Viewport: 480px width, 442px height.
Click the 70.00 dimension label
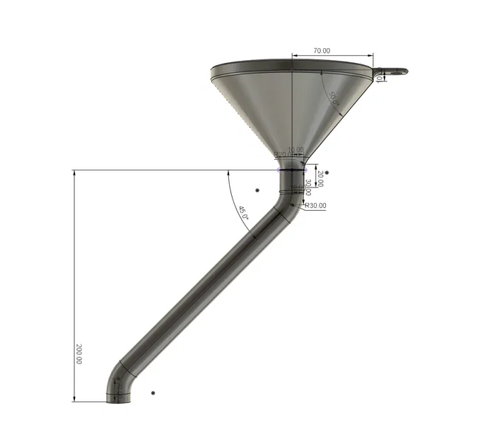[x=322, y=51]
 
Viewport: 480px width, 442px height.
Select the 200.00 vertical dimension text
[x=78, y=354]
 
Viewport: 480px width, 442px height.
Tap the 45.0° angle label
[x=242, y=214]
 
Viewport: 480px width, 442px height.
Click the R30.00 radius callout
[x=315, y=206]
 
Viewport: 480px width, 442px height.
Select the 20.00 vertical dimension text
[x=320, y=178]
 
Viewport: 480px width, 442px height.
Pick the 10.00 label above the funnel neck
[x=295, y=149]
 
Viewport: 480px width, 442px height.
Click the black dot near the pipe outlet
[x=153, y=392]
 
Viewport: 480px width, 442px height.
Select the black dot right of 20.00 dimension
[x=327, y=172]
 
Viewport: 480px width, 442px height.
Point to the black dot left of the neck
[x=257, y=190]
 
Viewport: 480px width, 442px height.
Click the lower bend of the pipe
[x=122, y=375]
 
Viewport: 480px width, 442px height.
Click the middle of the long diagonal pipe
[x=205, y=290]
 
